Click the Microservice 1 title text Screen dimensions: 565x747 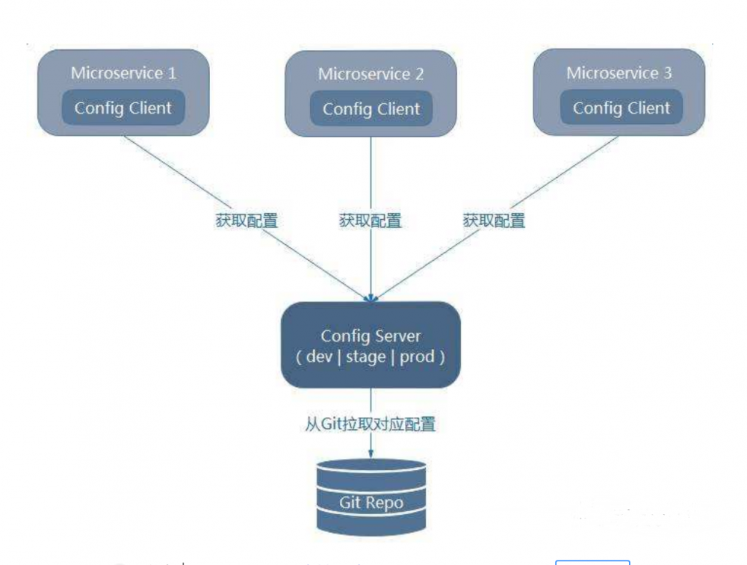pos(123,73)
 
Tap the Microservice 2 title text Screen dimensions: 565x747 pos(371,74)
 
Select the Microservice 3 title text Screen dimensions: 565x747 pos(619,73)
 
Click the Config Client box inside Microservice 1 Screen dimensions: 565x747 pos(123,108)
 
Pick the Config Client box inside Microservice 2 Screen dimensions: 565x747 pos(371,108)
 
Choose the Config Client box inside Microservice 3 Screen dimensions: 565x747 pos(622,108)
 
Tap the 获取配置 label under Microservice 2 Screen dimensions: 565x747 pos(371,221)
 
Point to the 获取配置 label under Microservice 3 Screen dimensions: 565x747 pos(494,221)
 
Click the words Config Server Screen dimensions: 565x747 pos(371,336)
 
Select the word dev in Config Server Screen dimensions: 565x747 pos(319,356)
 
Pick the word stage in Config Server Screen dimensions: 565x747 pos(365,356)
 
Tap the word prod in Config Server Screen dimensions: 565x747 pos(417,356)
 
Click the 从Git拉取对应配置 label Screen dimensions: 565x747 pos(371,424)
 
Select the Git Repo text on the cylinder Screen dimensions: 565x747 pos(371,502)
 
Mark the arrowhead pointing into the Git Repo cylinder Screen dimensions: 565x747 pos(371,454)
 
